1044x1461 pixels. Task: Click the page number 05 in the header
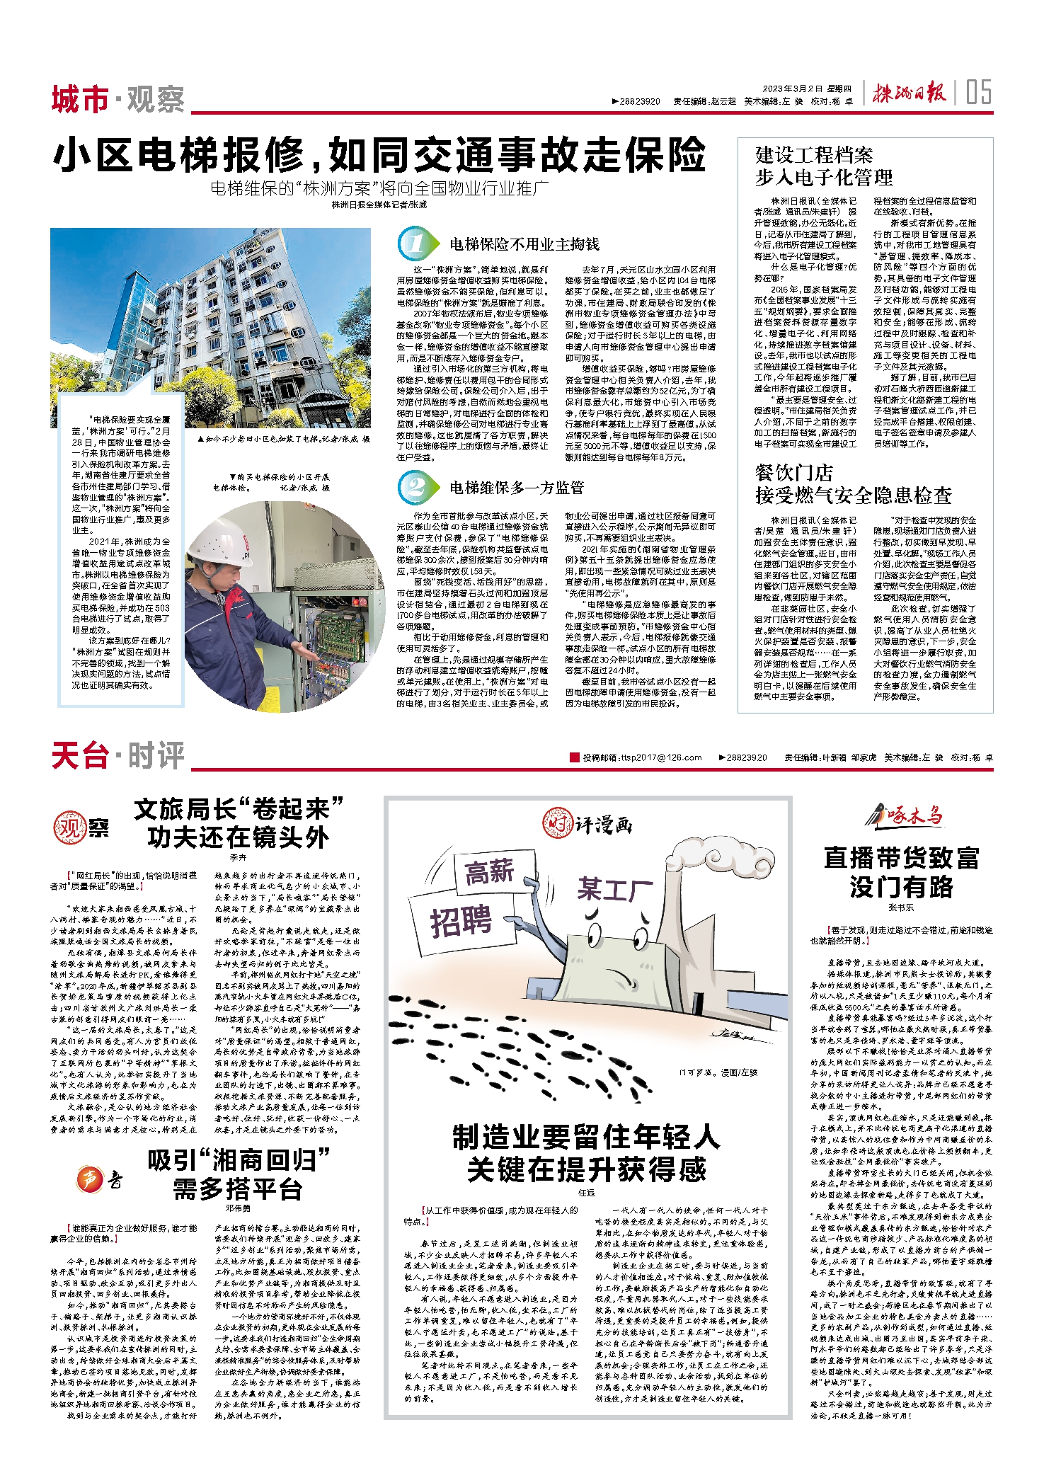(978, 92)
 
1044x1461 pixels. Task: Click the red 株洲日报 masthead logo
(908, 93)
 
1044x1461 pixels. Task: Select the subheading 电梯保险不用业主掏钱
(524, 244)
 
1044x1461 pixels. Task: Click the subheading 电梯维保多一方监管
(517, 488)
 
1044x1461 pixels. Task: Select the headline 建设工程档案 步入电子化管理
(824, 166)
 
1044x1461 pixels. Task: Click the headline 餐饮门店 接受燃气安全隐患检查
(853, 484)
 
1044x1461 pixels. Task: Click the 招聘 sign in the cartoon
(461, 922)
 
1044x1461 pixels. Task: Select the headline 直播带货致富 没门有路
(901, 871)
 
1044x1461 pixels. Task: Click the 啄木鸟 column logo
(905, 816)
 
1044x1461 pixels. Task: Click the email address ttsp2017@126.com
(661, 757)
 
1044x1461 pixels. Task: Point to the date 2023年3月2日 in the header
(792, 88)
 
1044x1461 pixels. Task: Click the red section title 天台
(79, 755)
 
